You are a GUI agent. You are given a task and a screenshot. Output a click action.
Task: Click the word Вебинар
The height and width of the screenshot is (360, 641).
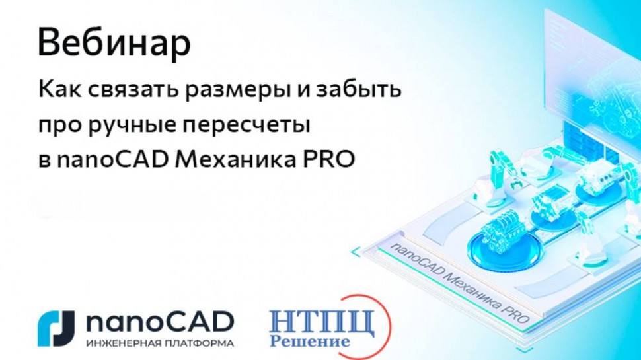[114, 44]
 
